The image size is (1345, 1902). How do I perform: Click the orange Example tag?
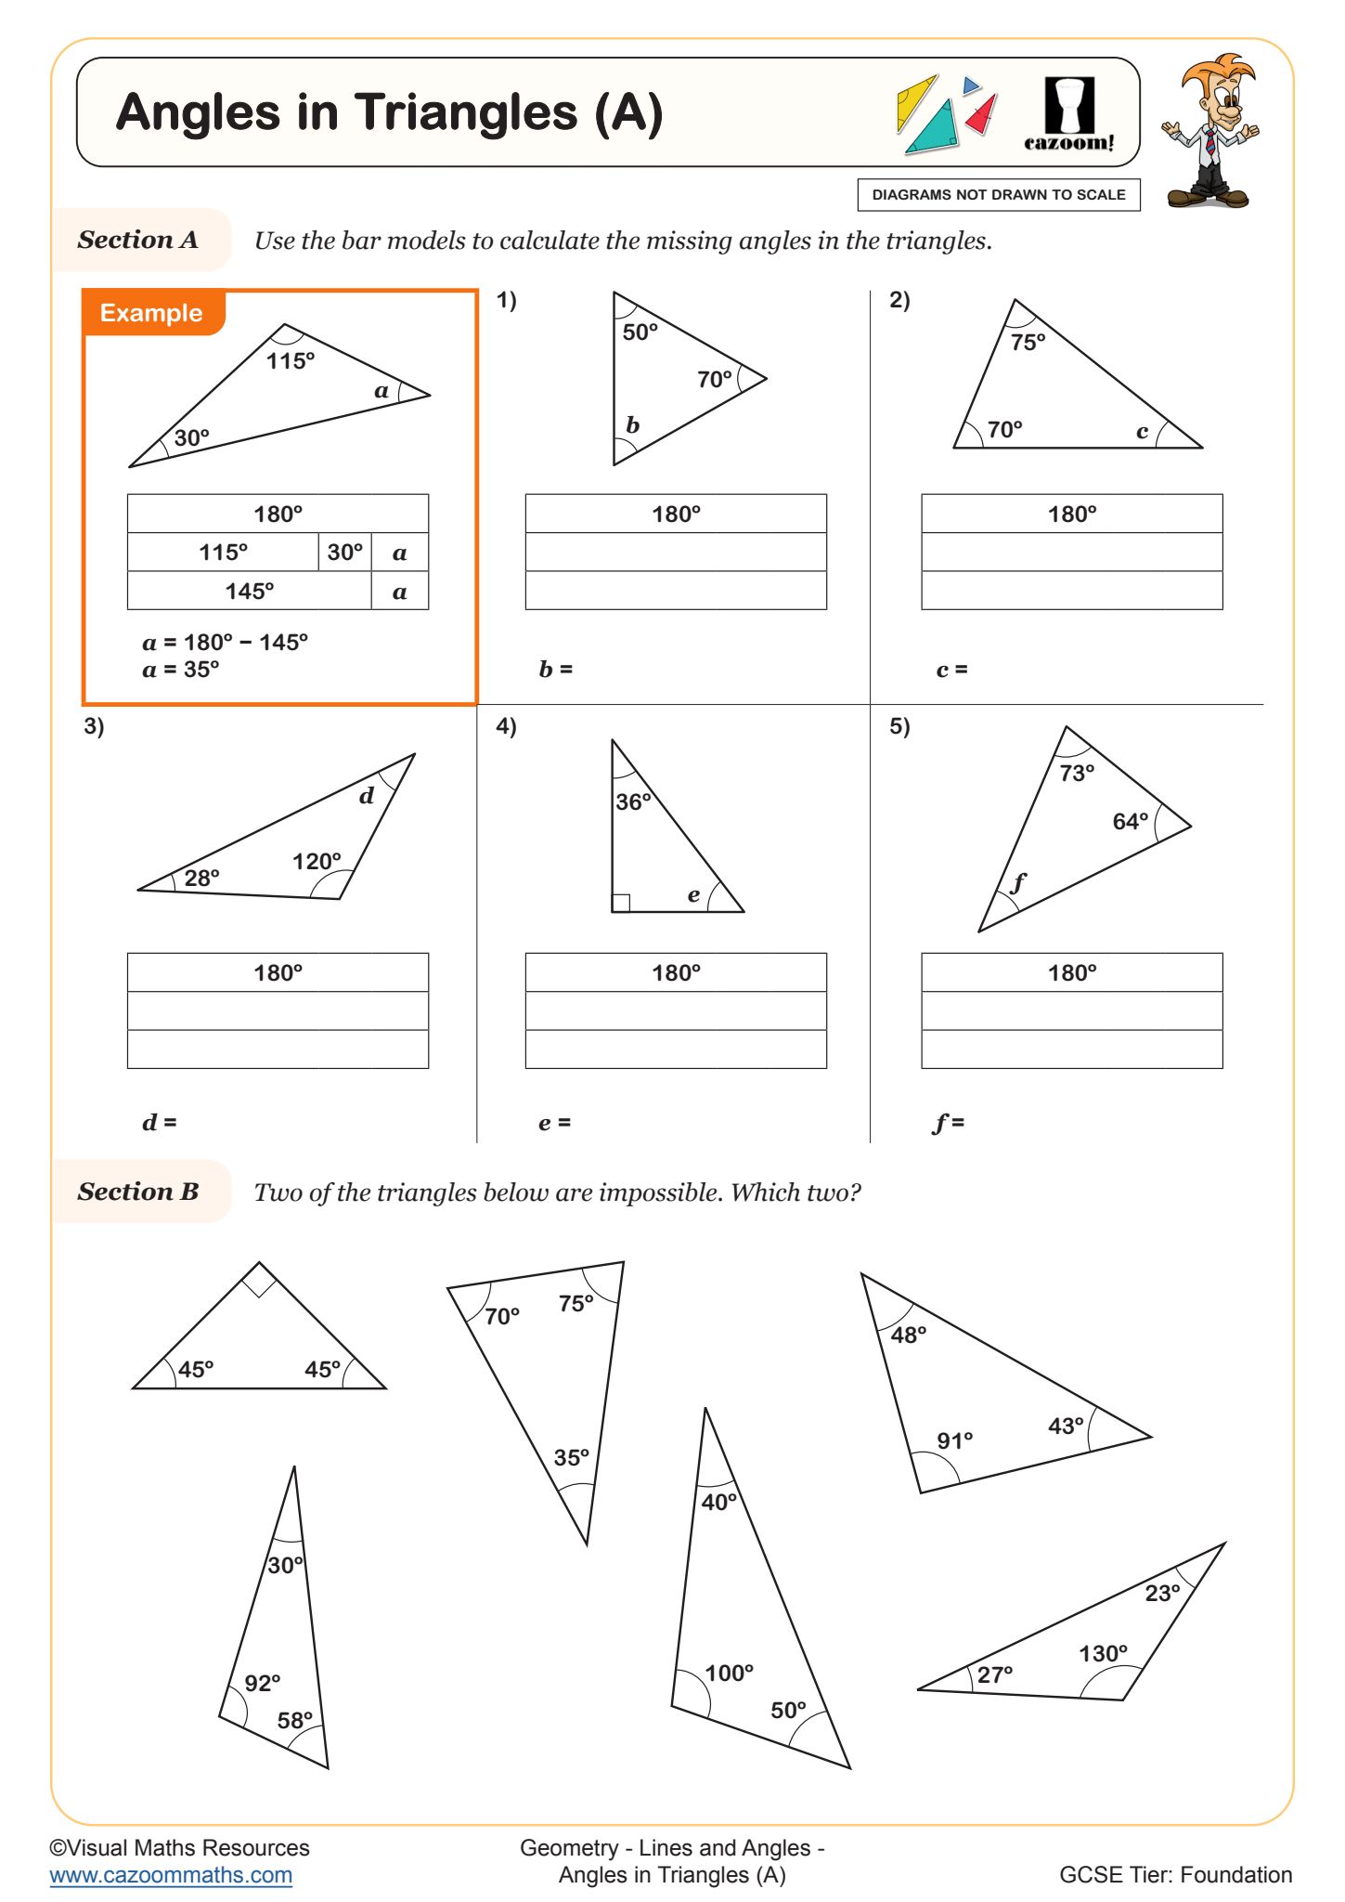pyautogui.click(x=151, y=313)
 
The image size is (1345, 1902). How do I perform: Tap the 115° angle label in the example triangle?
pyautogui.click(x=290, y=361)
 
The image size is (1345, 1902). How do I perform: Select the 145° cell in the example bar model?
pyautogui.click(x=249, y=592)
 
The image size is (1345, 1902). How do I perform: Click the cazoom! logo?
pyautogui.click(x=1068, y=114)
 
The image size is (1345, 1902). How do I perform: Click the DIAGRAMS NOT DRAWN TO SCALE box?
pyautogui.click(x=998, y=195)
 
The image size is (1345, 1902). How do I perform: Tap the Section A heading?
pyautogui.click(x=138, y=240)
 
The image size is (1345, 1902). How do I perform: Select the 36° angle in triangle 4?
pyautogui.click(x=633, y=801)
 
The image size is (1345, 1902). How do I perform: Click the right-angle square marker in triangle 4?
pyautogui.click(x=621, y=903)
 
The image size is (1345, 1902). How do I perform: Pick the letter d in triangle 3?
pyautogui.click(x=366, y=796)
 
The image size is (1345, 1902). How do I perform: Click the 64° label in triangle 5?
pyautogui.click(x=1130, y=821)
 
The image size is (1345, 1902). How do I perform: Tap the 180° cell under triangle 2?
pyautogui.click(x=1071, y=515)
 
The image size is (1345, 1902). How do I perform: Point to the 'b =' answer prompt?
pyautogui.click(x=555, y=669)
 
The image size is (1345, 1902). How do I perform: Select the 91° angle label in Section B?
pyautogui.click(x=954, y=1440)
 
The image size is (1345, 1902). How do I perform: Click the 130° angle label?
pyautogui.click(x=1103, y=1653)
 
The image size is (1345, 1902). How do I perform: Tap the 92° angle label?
pyautogui.click(x=262, y=1683)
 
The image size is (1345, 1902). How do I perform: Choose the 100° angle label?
pyautogui.click(x=729, y=1673)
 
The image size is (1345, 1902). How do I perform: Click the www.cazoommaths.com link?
pyautogui.click(x=171, y=1874)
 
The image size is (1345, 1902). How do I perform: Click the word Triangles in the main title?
pyautogui.click(x=468, y=113)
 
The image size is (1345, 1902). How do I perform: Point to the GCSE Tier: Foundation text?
pyautogui.click(x=1175, y=1874)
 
